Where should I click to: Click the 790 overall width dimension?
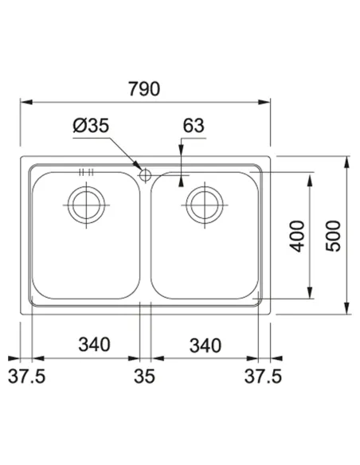(x=143, y=88)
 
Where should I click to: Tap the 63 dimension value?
(x=194, y=125)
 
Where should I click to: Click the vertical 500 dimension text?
(x=335, y=236)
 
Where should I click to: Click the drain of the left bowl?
(x=84, y=203)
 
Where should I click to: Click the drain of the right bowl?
(x=203, y=203)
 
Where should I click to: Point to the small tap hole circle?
(x=144, y=174)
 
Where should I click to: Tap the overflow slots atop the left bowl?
(x=86, y=171)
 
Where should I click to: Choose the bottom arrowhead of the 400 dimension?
(x=310, y=295)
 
